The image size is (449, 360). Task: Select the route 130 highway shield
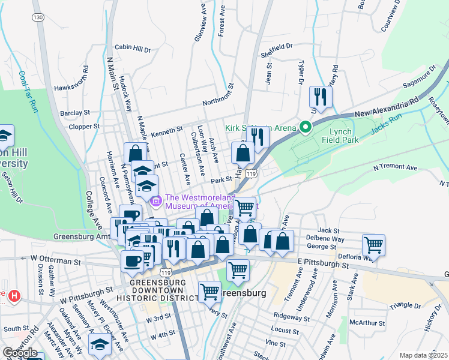(39, 17)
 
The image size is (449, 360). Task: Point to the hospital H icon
(14, 296)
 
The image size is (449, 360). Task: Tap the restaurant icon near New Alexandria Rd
(319, 98)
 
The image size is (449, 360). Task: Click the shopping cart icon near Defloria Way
(373, 245)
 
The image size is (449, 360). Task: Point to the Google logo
(20, 352)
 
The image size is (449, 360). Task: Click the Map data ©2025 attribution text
(423, 355)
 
